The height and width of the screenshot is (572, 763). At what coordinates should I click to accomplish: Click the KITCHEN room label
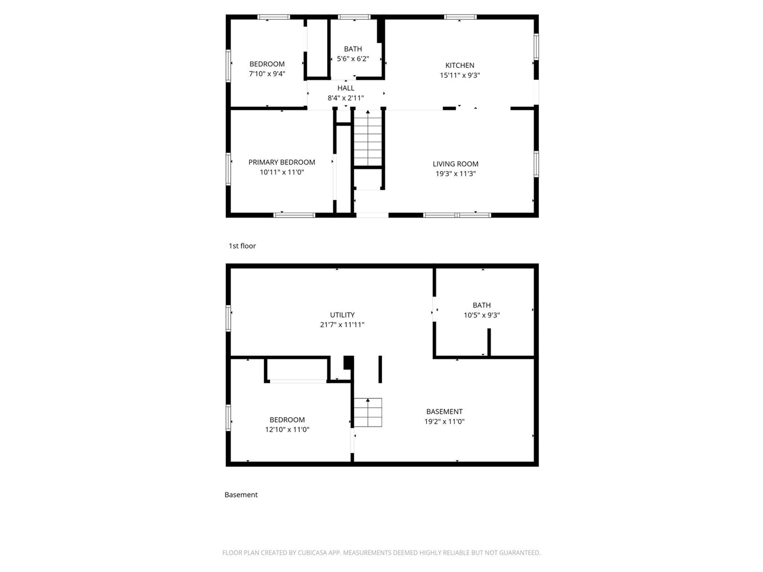point(460,66)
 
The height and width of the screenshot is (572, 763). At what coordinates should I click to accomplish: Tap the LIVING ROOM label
point(455,164)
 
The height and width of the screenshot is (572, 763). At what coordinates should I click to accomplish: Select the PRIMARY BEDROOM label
point(281,162)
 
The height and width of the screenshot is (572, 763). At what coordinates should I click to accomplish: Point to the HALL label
point(346,88)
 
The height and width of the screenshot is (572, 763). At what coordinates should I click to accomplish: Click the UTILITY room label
point(342,315)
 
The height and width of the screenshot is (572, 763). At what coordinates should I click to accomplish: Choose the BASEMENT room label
point(444,412)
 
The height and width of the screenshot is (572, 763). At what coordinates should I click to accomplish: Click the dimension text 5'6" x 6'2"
point(353,59)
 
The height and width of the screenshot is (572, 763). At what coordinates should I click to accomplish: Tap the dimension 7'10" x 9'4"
point(267,74)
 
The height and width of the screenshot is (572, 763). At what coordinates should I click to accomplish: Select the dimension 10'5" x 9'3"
point(482,315)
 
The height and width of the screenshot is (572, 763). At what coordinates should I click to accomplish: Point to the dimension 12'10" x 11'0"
point(287,429)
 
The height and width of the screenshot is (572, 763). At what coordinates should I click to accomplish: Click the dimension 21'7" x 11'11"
point(342,325)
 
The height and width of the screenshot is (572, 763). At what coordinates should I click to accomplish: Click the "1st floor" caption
point(242,246)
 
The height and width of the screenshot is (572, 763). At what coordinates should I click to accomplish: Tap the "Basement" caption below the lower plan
point(241,495)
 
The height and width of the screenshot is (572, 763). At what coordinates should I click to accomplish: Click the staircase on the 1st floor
point(368,138)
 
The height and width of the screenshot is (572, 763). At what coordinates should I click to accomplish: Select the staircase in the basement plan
point(368,412)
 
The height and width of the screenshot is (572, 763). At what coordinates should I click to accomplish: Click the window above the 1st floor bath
point(354,17)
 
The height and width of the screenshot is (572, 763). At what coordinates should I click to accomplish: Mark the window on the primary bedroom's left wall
point(228,169)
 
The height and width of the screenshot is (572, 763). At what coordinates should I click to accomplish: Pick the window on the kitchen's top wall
point(460,17)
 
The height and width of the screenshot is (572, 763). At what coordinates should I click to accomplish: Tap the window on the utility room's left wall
point(228,318)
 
